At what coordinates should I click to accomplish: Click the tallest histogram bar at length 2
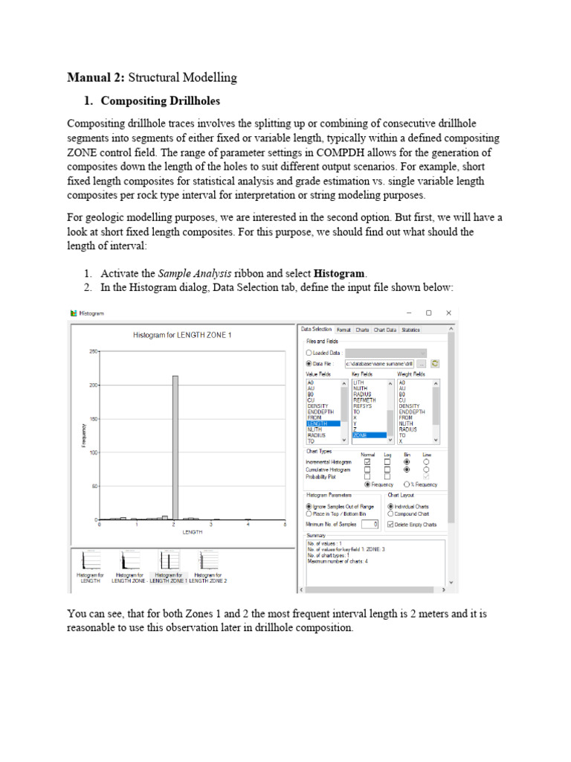tap(175, 446)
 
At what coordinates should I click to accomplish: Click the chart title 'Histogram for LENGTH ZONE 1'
tap(182, 336)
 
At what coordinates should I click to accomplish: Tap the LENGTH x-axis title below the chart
tap(193, 532)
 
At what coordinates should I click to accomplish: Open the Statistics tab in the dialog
tap(410, 329)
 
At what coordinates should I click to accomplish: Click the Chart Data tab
tap(385, 329)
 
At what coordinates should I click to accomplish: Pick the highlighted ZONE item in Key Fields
tap(369, 435)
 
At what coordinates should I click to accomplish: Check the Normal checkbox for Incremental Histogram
tap(367, 462)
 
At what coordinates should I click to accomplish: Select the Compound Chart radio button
tap(390, 513)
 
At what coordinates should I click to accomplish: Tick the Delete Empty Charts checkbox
tap(390, 525)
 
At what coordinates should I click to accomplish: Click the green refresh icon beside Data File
tap(436, 363)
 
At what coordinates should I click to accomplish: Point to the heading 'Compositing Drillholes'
tap(160, 101)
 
